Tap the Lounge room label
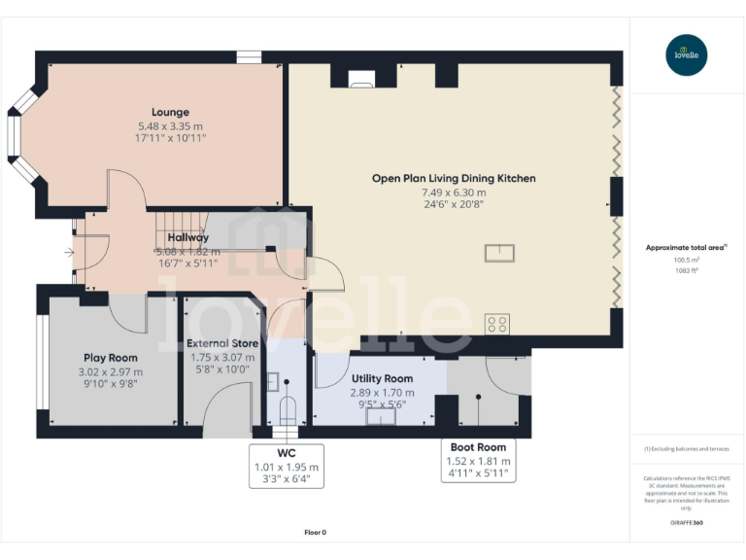click(170, 112)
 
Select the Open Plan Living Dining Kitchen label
click(453, 178)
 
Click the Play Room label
click(110, 358)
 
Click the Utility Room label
click(382, 378)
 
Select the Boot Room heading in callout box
click(477, 447)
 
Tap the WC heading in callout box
click(286, 453)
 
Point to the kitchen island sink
click(500, 254)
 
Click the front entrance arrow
click(68, 254)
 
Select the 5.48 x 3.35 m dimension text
click(170, 126)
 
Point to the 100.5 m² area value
click(687, 260)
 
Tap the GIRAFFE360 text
click(687, 524)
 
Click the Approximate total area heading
click(687, 248)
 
